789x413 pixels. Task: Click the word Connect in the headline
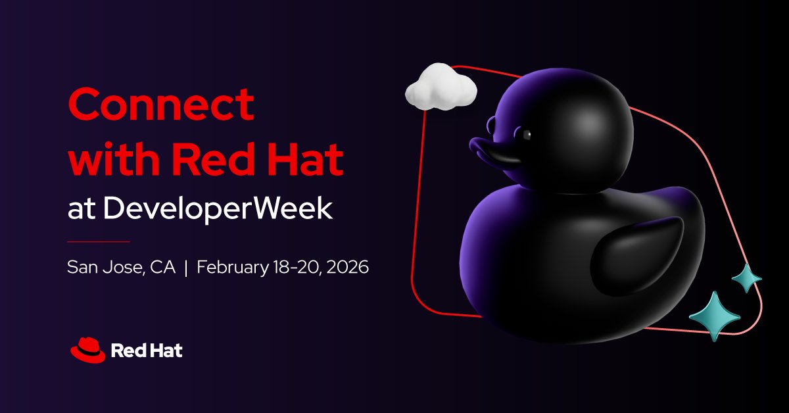161,104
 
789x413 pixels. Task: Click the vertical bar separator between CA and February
187,268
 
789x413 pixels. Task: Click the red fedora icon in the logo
87,351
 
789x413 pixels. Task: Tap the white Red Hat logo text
147,351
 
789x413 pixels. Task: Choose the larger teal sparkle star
713,316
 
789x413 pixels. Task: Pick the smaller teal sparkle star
746,278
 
